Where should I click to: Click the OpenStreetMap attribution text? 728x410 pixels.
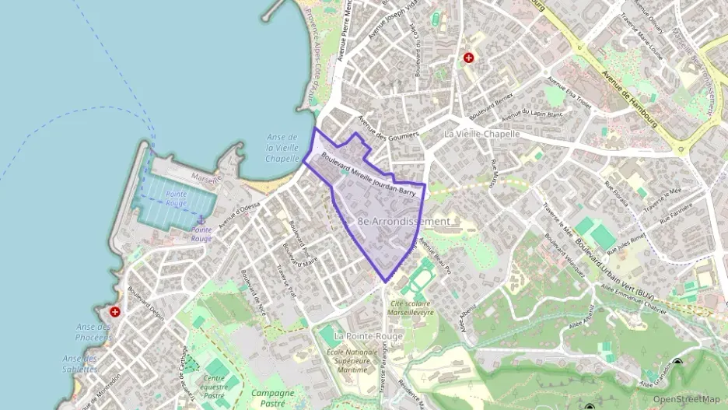(686, 399)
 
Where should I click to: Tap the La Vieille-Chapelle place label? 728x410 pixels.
(481, 134)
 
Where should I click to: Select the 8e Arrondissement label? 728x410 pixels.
(404, 222)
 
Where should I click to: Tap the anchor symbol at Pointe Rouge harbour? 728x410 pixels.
(200, 220)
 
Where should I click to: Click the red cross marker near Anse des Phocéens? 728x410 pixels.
(116, 312)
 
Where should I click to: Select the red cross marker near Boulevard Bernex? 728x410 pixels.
(468, 58)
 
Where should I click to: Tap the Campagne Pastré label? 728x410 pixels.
(272, 398)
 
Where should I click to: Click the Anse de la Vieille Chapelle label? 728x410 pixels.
(282, 148)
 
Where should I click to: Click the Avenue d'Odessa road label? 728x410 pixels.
(239, 212)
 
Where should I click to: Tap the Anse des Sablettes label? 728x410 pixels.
(80, 363)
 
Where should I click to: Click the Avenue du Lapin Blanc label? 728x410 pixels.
(532, 114)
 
